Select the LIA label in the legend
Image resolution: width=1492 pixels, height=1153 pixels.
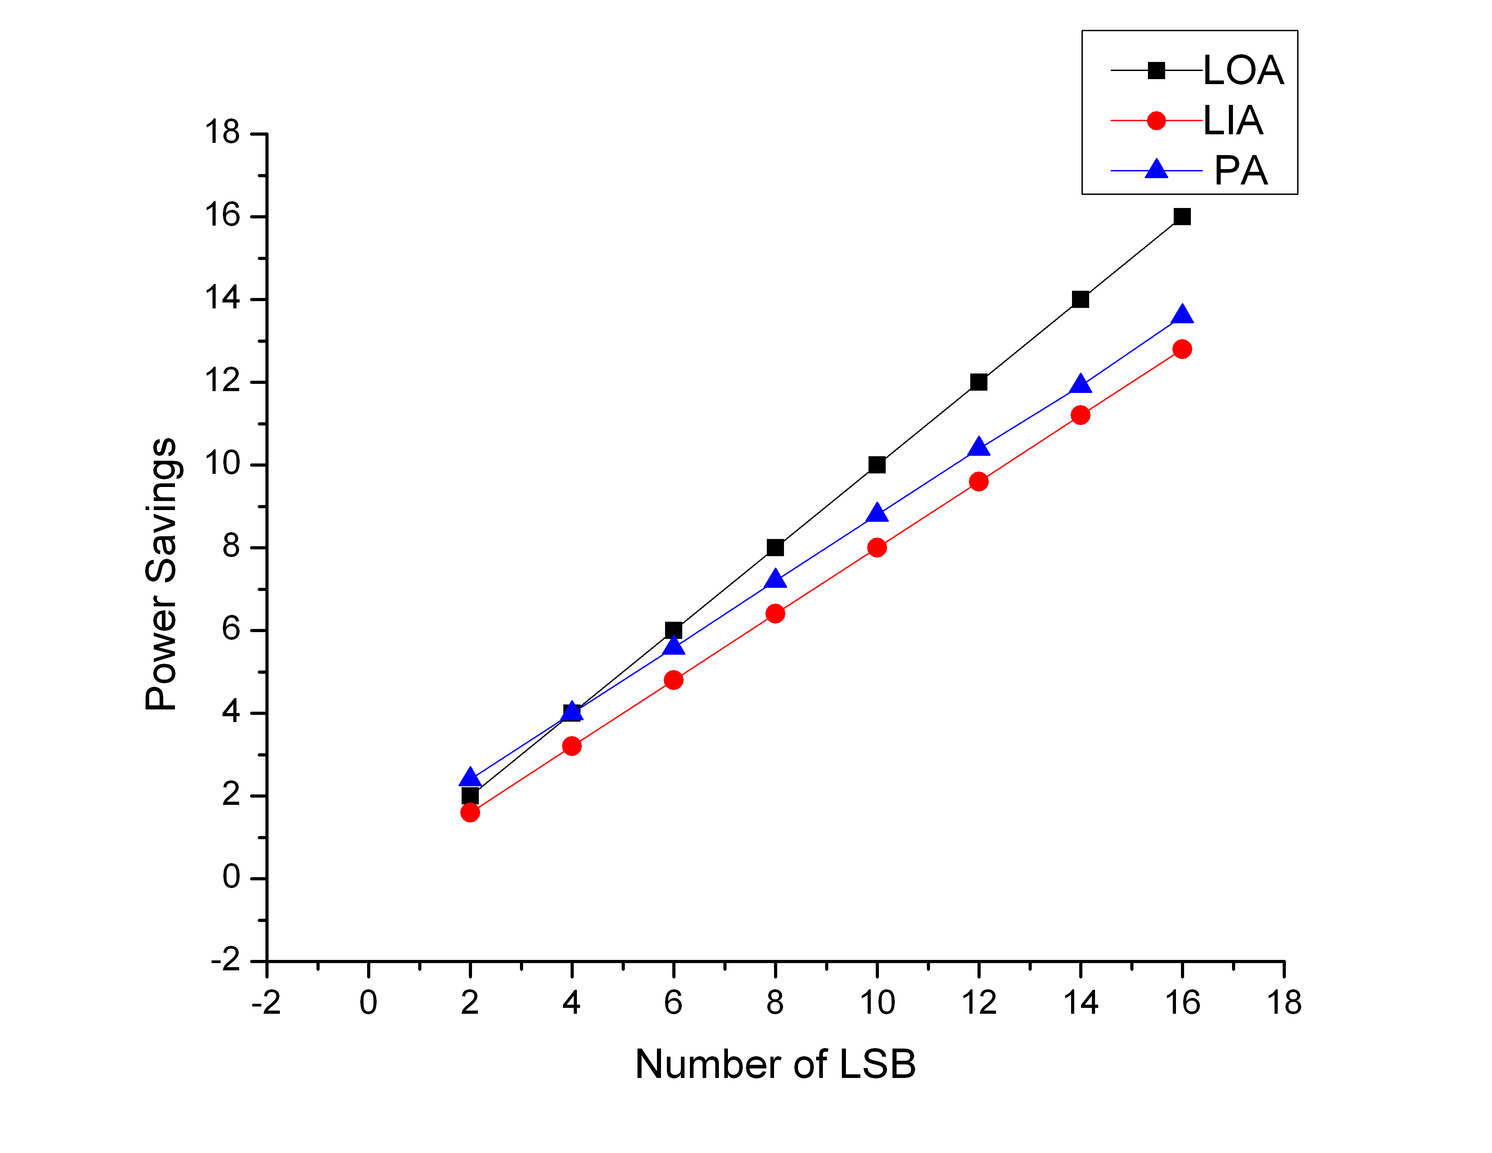[1232, 121]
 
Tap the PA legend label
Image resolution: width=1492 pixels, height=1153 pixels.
[1241, 171]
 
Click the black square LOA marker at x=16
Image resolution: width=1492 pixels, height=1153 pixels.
[1182, 217]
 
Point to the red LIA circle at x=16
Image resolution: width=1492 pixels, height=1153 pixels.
[1182, 349]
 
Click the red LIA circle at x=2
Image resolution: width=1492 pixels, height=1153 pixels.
[470, 812]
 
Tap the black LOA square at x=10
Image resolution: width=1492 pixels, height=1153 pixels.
[877, 464]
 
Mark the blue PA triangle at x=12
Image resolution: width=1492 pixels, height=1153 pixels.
[979, 447]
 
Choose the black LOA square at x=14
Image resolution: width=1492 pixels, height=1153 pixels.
[1080, 299]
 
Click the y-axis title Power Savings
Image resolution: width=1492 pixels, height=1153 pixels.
[162, 574]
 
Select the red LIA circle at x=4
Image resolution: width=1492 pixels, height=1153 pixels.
[572, 746]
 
